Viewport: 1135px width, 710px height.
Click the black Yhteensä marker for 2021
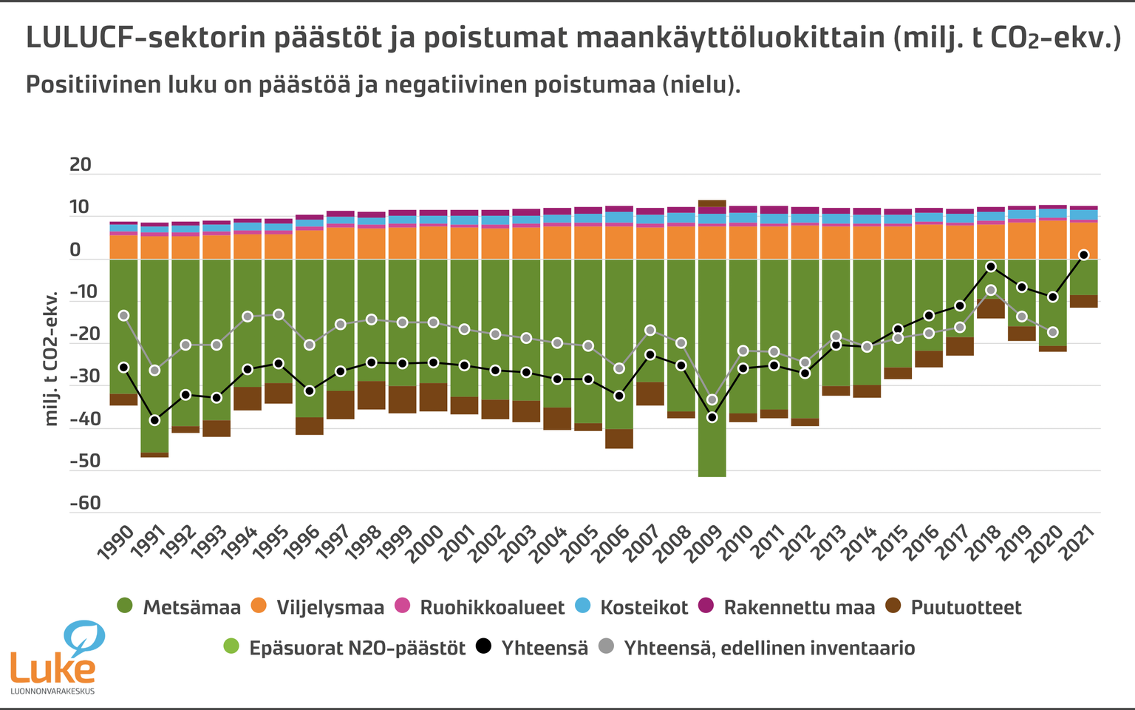[x=1084, y=254]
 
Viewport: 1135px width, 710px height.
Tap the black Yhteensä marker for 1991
[x=154, y=420]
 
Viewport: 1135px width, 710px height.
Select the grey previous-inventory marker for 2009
[x=712, y=399]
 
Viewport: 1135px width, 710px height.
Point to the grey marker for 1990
[x=123, y=316]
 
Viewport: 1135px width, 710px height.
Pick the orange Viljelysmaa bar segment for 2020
[x=1053, y=240]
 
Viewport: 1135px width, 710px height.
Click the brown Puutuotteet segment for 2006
[x=619, y=439]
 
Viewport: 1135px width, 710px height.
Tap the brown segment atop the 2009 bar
[x=712, y=203]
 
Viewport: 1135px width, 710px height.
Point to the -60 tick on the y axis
[x=85, y=504]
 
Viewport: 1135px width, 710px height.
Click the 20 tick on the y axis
[x=81, y=165]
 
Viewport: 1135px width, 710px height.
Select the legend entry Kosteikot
[x=643, y=608]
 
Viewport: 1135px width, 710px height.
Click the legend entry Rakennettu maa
[x=798, y=608]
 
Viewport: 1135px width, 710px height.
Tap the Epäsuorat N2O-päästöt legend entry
[x=356, y=649]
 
